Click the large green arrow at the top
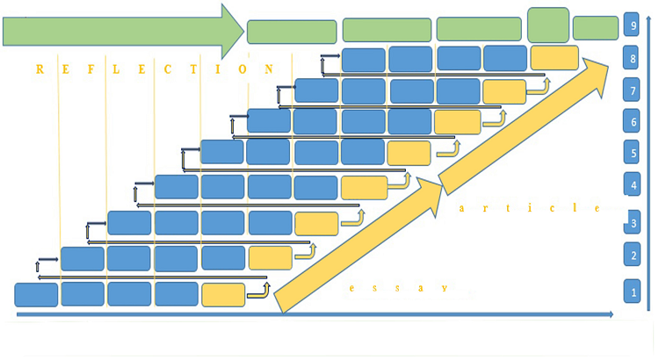pyautogui.click(x=123, y=32)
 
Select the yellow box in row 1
pyautogui.click(x=223, y=294)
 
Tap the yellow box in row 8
pyautogui.click(x=554, y=58)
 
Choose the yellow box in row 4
pyautogui.click(x=364, y=187)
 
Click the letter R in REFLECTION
pyautogui.click(x=40, y=68)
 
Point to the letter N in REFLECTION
pyautogui.click(x=269, y=68)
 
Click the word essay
pyautogui.click(x=400, y=287)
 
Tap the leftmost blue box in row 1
pyautogui.click(x=36, y=294)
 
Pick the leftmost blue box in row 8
pyautogui.click(x=364, y=59)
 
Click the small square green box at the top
pyautogui.click(x=547, y=25)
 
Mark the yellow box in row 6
pyautogui.click(x=458, y=121)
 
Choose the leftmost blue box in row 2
pyautogui.click(x=83, y=258)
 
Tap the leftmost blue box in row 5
pyautogui.click(x=222, y=151)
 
